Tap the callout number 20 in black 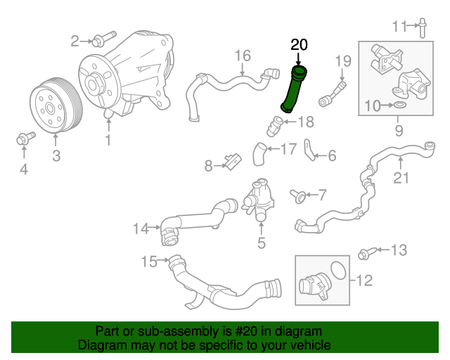(x=299, y=45)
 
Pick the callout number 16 (x=242, y=55)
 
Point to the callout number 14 (x=141, y=228)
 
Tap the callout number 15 (x=148, y=262)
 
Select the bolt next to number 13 (x=366, y=252)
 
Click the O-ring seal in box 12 (x=337, y=270)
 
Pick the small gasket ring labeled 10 (x=399, y=105)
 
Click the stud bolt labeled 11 (x=422, y=27)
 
